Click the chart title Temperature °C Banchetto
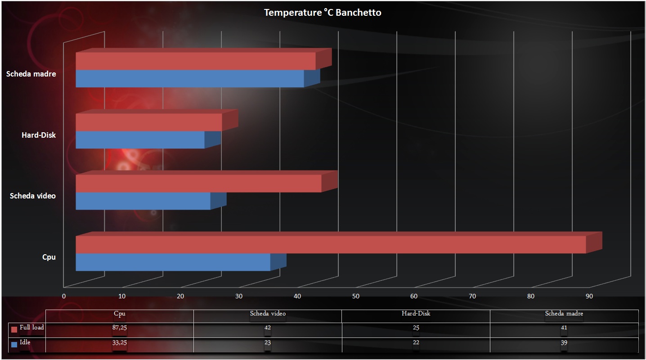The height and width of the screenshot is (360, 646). [323, 13]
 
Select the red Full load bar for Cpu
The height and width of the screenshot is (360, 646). [331, 244]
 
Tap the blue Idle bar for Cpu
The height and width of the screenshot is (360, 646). [173, 262]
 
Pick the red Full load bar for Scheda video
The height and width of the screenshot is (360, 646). [198, 184]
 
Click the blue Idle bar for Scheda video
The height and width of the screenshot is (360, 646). [143, 201]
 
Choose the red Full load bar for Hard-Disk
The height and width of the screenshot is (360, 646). [148, 122]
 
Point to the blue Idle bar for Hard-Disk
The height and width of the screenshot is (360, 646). [140, 139]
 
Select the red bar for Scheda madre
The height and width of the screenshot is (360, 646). [195, 61]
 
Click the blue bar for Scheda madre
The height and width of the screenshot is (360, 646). [190, 78]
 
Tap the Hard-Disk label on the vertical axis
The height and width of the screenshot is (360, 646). [39, 135]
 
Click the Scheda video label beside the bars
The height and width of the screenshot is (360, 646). [33, 196]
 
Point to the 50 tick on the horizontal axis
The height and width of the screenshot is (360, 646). [355, 296]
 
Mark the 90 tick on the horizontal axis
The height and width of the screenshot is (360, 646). [589, 296]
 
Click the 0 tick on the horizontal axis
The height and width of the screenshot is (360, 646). [64, 296]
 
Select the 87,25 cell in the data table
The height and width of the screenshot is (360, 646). [120, 328]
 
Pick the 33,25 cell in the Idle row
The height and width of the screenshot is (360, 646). [120, 343]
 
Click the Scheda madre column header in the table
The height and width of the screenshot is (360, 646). [564, 313]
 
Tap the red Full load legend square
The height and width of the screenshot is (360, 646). [14, 329]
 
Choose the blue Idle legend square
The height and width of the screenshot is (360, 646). [14, 344]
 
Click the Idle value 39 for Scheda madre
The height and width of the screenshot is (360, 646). [564, 343]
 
